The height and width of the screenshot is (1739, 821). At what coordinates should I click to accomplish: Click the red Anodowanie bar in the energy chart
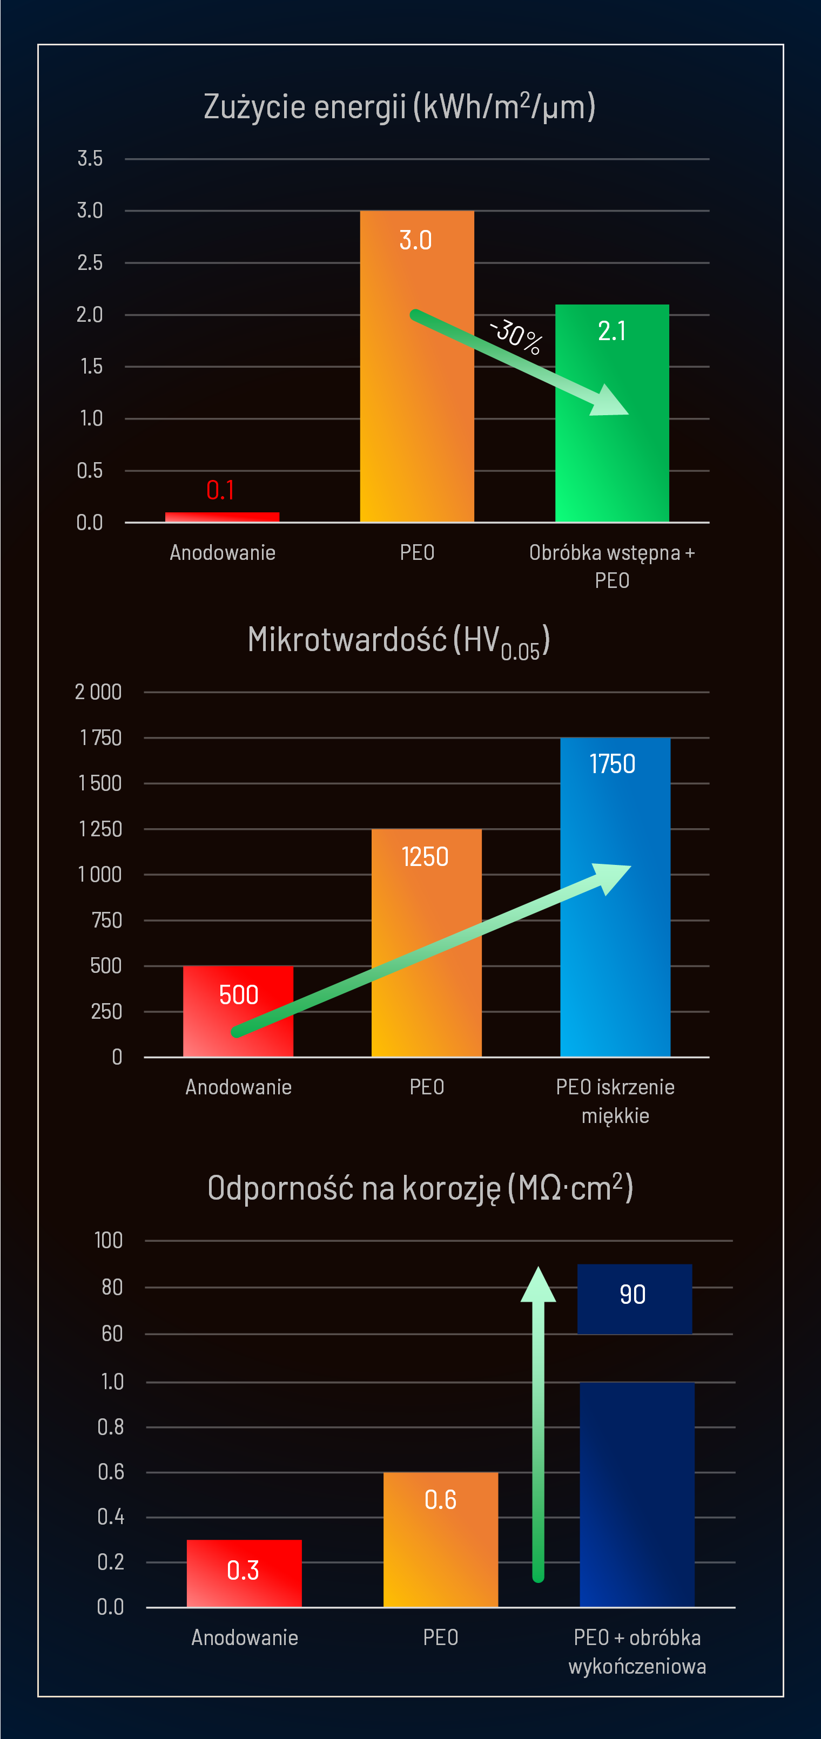[x=222, y=517]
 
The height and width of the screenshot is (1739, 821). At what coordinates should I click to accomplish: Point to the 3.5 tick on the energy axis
[x=90, y=159]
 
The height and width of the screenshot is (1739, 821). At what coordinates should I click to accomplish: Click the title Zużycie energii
[x=399, y=107]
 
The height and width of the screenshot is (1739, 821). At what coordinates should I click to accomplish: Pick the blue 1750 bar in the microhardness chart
[x=615, y=945]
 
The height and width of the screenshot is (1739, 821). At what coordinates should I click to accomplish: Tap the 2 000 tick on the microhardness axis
[x=98, y=692]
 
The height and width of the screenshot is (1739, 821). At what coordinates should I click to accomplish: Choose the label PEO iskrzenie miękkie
[x=615, y=1101]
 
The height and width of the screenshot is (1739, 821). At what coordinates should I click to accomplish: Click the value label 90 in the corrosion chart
[x=632, y=1295]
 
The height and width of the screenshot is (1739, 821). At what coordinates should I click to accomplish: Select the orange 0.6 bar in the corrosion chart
[x=440, y=1546]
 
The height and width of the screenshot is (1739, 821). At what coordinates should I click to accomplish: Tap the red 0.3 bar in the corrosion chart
[x=244, y=1573]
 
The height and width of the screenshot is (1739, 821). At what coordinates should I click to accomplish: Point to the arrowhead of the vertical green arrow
[x=538, y=1284]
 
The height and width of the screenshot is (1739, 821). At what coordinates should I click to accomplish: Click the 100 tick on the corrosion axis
[x=109, y=1240]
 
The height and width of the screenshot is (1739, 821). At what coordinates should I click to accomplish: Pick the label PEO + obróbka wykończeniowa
[x=637, y=1651]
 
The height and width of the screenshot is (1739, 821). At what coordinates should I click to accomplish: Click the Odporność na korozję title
[x=420, y=1188]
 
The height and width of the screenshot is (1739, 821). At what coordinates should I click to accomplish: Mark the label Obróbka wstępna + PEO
[x=611, y=566]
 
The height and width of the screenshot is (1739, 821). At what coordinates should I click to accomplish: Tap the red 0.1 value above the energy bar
[x=221, y=490]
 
